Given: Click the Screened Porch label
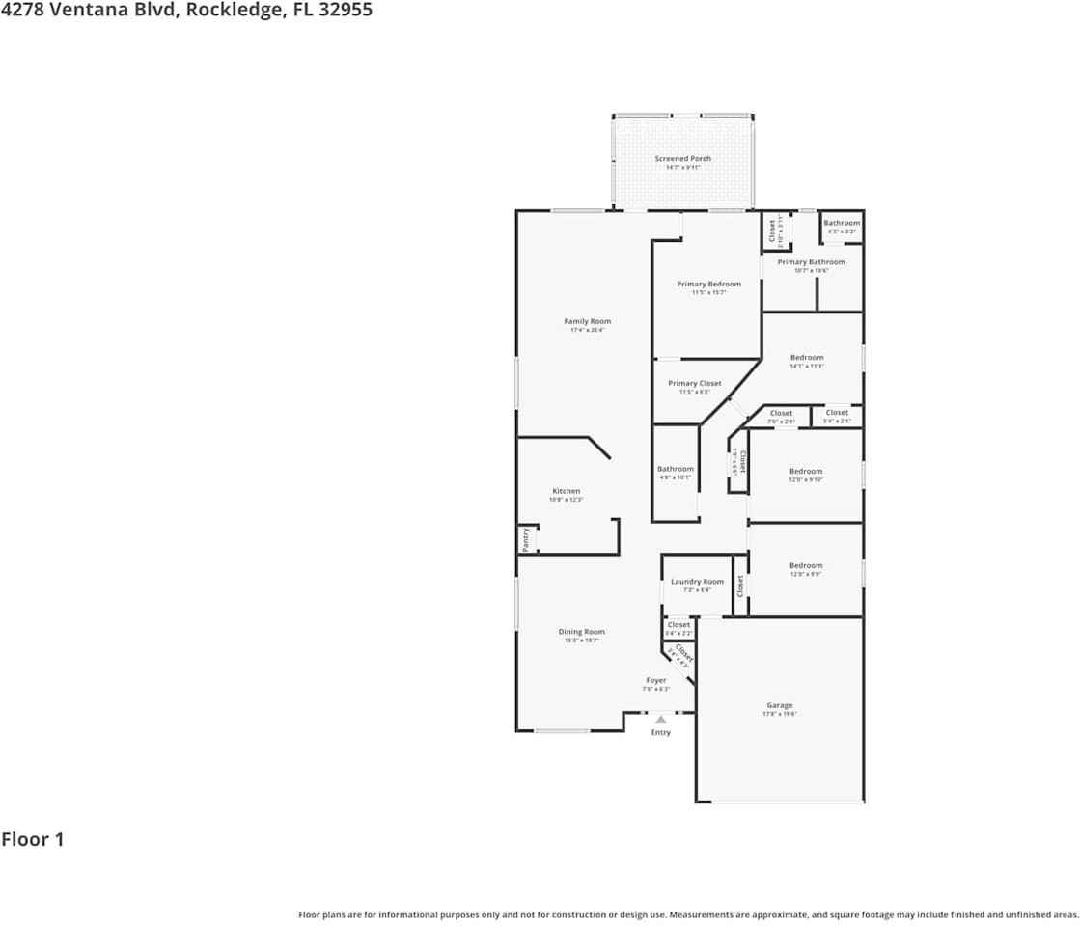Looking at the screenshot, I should pyautogui.click(x=682, y=159).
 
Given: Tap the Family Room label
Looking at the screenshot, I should pyautogui.click(x=587, y=322).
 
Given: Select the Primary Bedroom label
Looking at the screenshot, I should pyautogui.click(x=708, y=285).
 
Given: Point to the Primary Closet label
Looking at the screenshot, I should pyautogui.click(x=694, y=384).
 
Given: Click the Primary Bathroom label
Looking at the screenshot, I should pyautogui.click(x=811, y=262).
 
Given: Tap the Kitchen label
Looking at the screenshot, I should pyautogui.click(x=566, y=492).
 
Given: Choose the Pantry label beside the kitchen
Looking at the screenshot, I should pyautogui.click(x=526, y=539).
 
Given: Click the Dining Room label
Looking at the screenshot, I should pyautogui.click(x=581, y=633).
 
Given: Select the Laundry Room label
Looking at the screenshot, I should pyautogui.click(x=697, y=583).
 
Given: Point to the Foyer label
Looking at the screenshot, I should pyautogui.click(x=655, y=681).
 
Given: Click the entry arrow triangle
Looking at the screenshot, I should pyautogui.click(x=660, y=719).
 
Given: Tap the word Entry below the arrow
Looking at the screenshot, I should pyautogui.click(x=660, y=733).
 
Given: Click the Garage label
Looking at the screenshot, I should pyautogui.click(x=779, y=706).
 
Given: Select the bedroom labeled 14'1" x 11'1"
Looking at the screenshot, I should pyautogui.click(x=807, y=358).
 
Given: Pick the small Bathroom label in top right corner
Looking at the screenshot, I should pyautogui.click(x=841, y=224).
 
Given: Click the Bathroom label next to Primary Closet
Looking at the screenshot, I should pyautogui.click(x=676, y=470).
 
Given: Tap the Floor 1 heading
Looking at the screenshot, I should pyautogui.click(x=33, y=839).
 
